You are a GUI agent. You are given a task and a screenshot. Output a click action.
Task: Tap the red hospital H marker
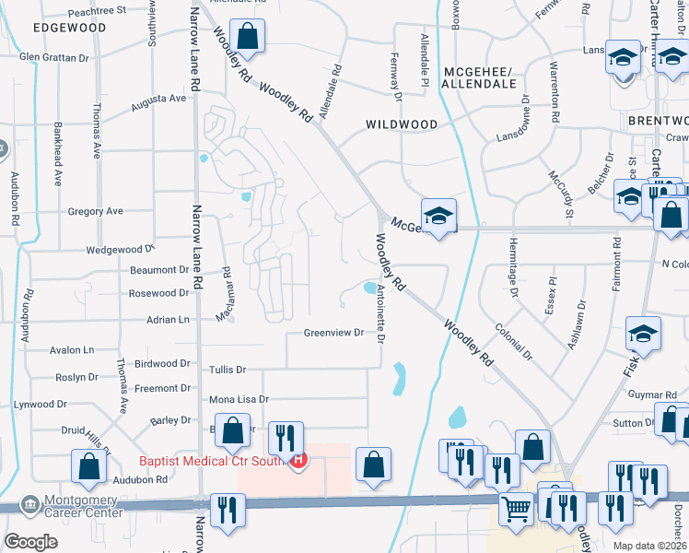pos(297,461)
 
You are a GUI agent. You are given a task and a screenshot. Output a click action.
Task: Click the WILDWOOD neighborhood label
pos(402,124)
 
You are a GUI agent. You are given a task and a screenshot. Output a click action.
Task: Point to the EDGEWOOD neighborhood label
pos(69,28)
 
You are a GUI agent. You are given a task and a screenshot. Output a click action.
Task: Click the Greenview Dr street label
pos(334,334)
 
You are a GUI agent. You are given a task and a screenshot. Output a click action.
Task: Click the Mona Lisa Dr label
pos(239,399)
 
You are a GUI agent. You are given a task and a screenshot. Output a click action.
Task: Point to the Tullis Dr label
pos(228,370)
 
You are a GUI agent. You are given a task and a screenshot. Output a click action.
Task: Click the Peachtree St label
pos(97,10)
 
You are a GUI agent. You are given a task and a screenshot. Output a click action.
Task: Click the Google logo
pos(31,542)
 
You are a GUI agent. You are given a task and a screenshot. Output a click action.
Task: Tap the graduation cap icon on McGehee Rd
pos(439,215)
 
